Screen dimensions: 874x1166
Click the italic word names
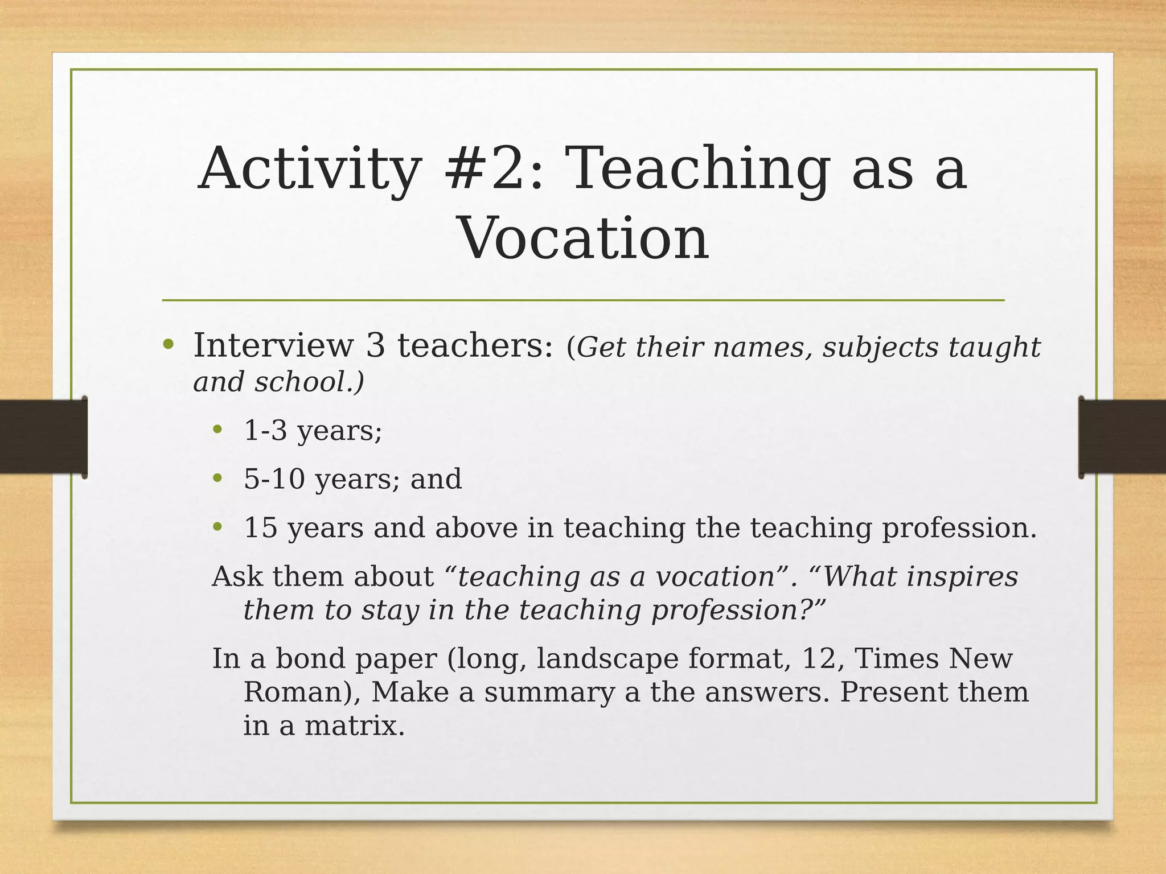tap(760, 348)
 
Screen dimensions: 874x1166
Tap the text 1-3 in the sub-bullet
tap(265, 430)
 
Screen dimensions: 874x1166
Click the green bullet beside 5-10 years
tap(217, 479)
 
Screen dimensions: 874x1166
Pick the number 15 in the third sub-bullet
tap(261, 527)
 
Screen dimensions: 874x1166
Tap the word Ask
tap(237, 576)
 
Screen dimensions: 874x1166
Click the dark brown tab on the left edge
tap(43, 436)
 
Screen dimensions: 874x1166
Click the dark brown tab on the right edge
tap(1122, 436)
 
